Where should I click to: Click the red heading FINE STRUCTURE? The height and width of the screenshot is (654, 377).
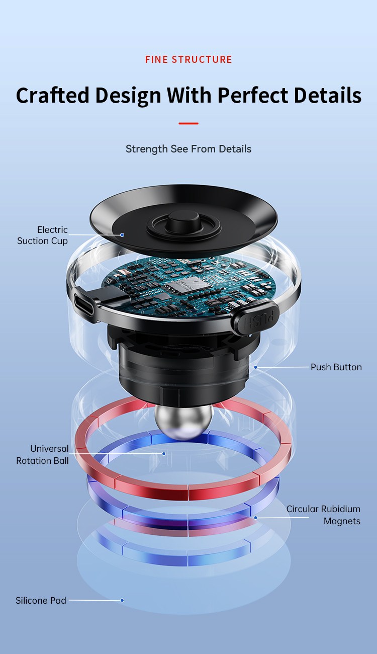click(x=189, y=59)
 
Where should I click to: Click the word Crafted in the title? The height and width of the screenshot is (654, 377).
click(x=52, y=96)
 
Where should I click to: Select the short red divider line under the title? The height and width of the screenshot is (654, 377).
click(x=189, y=123)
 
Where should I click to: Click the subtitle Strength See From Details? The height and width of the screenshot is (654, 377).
click(x=189, y=149)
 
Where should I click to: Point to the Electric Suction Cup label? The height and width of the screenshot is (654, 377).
click(x=43, y=235)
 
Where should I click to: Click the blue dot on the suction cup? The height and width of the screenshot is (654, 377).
click(x=122, y=235)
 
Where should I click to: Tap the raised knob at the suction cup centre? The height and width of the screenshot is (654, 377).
click(x=184, y=222)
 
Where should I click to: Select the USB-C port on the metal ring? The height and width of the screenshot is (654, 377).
click(x=84, y=304)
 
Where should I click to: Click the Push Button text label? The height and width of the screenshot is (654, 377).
click(x=336, y=367)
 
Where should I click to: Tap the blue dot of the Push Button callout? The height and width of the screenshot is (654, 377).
click(x=256, y=367)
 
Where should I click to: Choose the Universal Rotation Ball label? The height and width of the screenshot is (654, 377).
click(x=43, y=455)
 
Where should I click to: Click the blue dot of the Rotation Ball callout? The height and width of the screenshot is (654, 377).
click(x=164, y=453)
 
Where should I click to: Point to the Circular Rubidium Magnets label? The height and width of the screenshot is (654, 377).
click(x=323, y=515)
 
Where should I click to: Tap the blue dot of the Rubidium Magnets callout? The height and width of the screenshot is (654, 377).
click(x=256, y=517)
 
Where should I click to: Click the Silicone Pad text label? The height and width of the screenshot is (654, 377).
click(x=41, y=600)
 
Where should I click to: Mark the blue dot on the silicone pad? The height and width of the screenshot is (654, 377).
click(x=122, y=600)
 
